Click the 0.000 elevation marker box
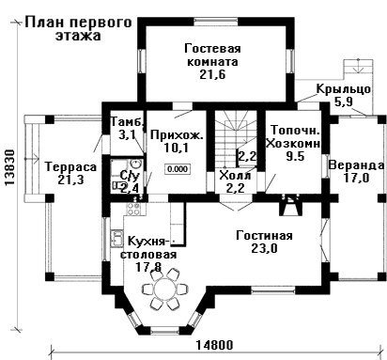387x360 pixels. pyautogui.click(x=178, y=169)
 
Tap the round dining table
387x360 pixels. pyautogui.click(x=164, y=288)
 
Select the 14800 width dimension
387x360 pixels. pyautogui.click(x=215, y=345)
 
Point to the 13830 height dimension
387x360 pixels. pyautogui.click(x=10, y=167)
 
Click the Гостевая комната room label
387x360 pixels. pyautogui.click(x=212, y=55)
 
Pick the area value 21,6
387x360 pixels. pyautogui.click(x=212, y=74)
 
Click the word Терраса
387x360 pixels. pyautogui.click(x=70, y=166)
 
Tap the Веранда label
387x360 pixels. pyautogui.click(x=356, y=165)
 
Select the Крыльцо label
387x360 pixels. pyautogui.click(x=344, y=89)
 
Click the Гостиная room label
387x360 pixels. pyautogui.click(x=264, y=235)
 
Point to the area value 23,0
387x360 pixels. pyautogui.click(x=264, y=248)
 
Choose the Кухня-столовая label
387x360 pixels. pyautogui.click(x=149, y=248)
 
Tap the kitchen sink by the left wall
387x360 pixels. pyautogui.click(x=116, y=238)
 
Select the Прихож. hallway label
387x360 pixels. pyautogui.click(x=177, y=135)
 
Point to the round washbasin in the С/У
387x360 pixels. pyautogui.click(x=135, y=164)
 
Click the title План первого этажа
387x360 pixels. pyautogui.click(x=78, y=29)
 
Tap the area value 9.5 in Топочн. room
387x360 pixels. pyautogui.click(x=295, y=156)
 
